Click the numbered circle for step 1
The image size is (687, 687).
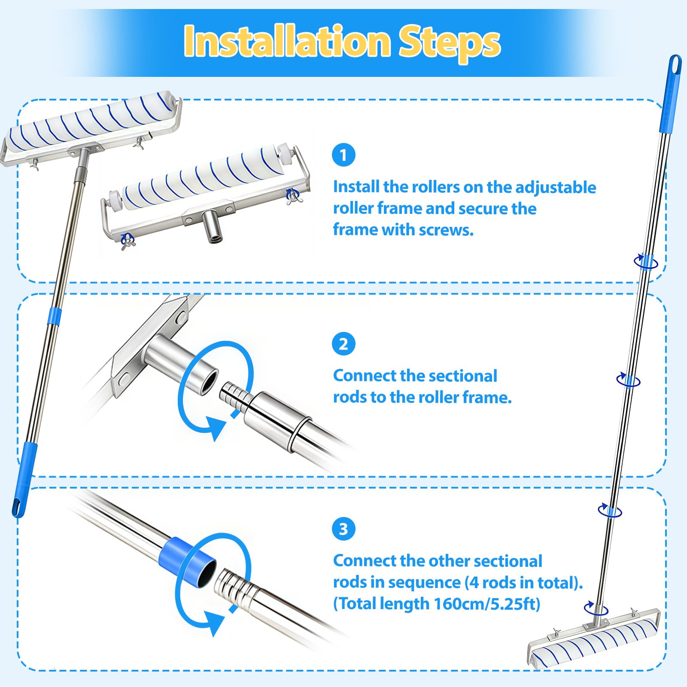pos(343,155)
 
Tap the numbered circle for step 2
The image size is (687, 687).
pos(343,343)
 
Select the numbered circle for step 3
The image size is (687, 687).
pos(343,529)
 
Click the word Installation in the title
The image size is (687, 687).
pos(287,41)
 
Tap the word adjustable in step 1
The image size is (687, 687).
pos(556,188)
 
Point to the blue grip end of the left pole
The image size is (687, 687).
pos(25,480)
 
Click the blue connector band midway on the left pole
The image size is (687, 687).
pos(55,315)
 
